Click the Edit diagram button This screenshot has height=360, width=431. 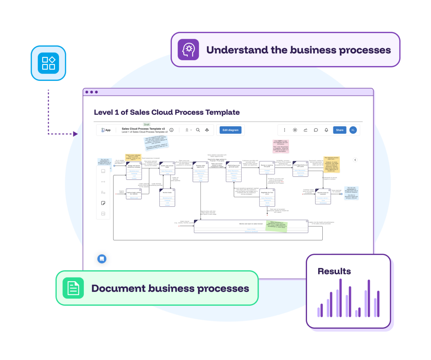[x=230, y=130]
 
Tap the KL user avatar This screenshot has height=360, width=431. [x=353, y=130]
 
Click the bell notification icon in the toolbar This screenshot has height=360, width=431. [x=326, y=130]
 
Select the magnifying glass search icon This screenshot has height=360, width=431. [x=198, y=130]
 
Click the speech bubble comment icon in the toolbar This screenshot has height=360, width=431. [x=316, y=130]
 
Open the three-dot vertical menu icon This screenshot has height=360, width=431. [x=285, y=130]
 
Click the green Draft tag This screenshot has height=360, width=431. [x=146, y=125]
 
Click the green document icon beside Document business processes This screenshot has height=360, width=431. [x=73, y=288]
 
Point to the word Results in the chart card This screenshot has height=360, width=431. [x=334, y=271]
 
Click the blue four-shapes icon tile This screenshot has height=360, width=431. [x=48, y=63]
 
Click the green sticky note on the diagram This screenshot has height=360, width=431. [x=276, y=226]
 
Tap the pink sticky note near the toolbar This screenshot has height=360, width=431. [x=281, y=146]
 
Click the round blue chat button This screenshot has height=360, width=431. [x=102, y=259]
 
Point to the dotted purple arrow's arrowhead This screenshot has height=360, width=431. [x=75, y=134]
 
